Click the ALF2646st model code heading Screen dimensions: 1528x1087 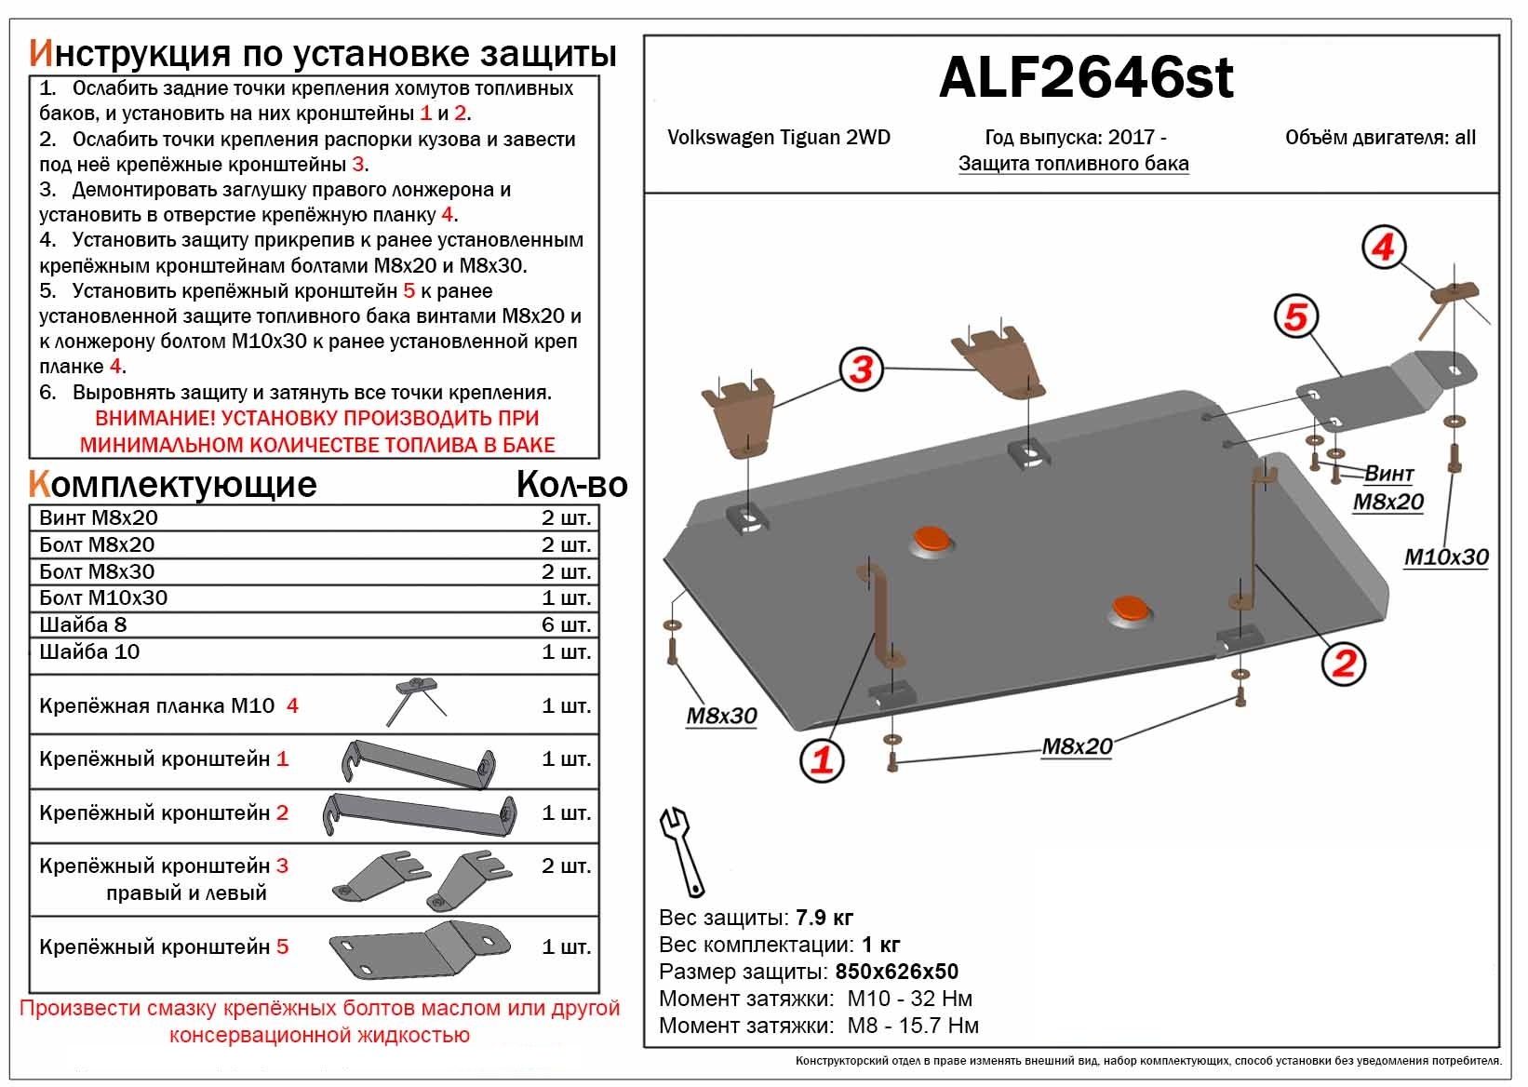coord(1086,77)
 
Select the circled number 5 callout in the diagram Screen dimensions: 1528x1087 coord(1296,316)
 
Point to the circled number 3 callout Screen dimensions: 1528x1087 coord(862,369)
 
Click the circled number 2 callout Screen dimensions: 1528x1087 coord(1343,664)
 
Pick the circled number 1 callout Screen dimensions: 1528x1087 coord(822,759)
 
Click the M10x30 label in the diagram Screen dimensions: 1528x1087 coord(1446,557)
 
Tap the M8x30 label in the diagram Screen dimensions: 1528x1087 coord(721,716)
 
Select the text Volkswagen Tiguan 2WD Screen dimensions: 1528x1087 coord(779,138)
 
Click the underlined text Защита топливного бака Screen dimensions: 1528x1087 coord(1074,164)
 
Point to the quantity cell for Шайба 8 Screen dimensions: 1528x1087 coord(566,625)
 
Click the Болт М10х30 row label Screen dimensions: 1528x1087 coord(103,598)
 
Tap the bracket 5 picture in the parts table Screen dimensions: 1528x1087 coord(420,949)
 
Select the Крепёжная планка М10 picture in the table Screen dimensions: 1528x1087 coord(416,702)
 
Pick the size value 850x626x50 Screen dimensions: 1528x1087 coord(896,972)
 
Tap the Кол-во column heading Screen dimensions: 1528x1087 coord(571,485)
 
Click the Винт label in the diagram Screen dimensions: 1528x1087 coord(1388,473)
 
